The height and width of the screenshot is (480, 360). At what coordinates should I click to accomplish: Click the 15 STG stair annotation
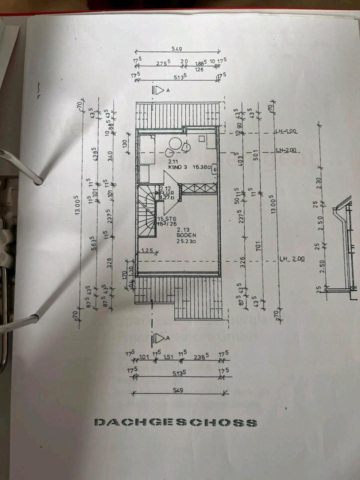[165, 219]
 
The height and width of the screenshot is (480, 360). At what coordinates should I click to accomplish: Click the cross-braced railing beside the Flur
[198, 188]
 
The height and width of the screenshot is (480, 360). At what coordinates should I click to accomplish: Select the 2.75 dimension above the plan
[162, 63]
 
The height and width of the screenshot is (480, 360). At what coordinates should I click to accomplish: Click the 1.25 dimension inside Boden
[146, 250]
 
